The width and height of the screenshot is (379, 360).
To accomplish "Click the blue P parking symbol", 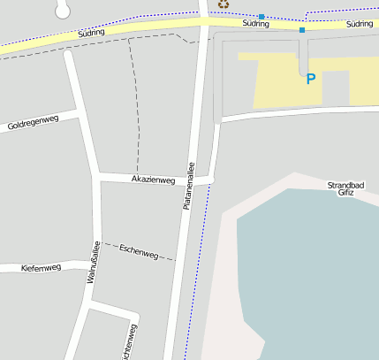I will [x=310, y=79].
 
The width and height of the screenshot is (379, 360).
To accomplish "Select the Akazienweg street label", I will [x=153, y=180].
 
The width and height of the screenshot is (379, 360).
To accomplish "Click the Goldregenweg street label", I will [x=33, y=123].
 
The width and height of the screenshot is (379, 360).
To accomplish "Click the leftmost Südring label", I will [x=92, y=33].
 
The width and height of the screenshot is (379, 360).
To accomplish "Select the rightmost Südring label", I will [x=359, y=25].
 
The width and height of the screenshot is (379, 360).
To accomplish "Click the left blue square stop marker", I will [x=262, y=17].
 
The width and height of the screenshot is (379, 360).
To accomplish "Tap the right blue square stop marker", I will [x=302, y=30].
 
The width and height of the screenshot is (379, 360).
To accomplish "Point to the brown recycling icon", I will [x=223, y=4].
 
